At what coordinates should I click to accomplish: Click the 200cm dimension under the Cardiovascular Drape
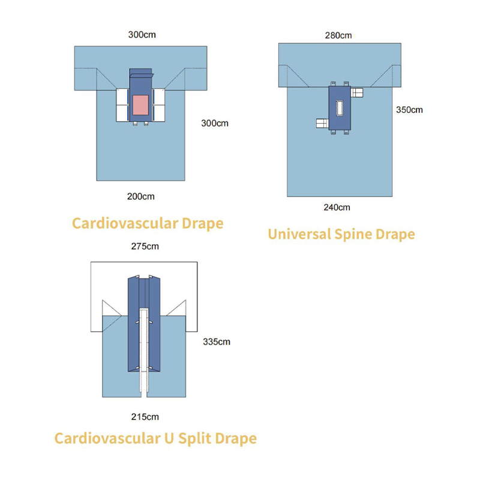(142, 196)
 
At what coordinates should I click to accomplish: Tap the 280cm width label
(338, 35)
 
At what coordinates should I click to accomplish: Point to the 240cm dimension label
(337, 208)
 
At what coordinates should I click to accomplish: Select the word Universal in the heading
(299, 233)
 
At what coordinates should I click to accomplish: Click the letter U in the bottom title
(169, 439)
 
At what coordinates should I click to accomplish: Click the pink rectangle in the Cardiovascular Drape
(141, 105)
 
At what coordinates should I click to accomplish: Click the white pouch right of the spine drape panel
(358, 92)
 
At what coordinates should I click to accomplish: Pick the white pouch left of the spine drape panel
(322, 124)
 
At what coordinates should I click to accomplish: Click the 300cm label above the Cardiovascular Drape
(142, 35)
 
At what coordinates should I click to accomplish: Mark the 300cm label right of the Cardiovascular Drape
(214, 124)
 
